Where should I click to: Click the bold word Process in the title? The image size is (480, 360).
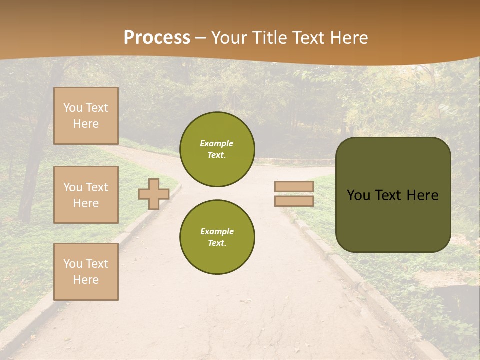[157, 38]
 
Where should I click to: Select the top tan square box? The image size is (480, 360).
[86, 116]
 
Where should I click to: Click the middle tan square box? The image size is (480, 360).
[86, 195]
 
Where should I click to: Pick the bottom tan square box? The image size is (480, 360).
[86, 272]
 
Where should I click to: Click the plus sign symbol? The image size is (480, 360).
[154, 194]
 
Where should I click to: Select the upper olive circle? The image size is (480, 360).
[217, 149]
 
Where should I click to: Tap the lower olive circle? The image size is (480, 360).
[217, 237]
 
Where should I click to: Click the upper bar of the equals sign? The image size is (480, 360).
[294, 186]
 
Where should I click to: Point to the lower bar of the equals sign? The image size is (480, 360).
[294, 201]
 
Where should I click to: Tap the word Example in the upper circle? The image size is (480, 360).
[217, 143]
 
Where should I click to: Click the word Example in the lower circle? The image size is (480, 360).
[217, 231]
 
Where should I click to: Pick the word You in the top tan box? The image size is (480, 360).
[72, 108]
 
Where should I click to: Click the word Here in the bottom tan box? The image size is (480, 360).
[86, 280]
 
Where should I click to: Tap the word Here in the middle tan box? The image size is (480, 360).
[86, 203]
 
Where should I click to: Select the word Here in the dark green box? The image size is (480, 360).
[422, 195]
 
